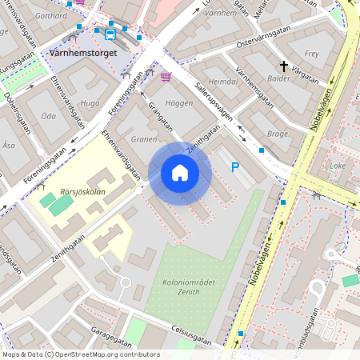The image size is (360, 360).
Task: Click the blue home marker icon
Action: (180, 173)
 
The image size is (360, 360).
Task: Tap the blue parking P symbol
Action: (234, 167)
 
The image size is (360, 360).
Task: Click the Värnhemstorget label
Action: (83, 53)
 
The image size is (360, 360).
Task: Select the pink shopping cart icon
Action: (166, 77)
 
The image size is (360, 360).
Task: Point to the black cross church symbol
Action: (283, 66)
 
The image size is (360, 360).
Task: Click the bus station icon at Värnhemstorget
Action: (110, 34)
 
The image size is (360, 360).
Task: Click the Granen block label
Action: (144, 138)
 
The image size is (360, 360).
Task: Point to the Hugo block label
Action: (90, 103)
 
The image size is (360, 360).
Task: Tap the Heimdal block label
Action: (223, 82)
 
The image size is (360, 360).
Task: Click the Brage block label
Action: (278, 134)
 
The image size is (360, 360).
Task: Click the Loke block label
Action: (338, 166)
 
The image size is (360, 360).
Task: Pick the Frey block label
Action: (312, 54)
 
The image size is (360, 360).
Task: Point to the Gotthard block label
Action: (51, 16)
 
